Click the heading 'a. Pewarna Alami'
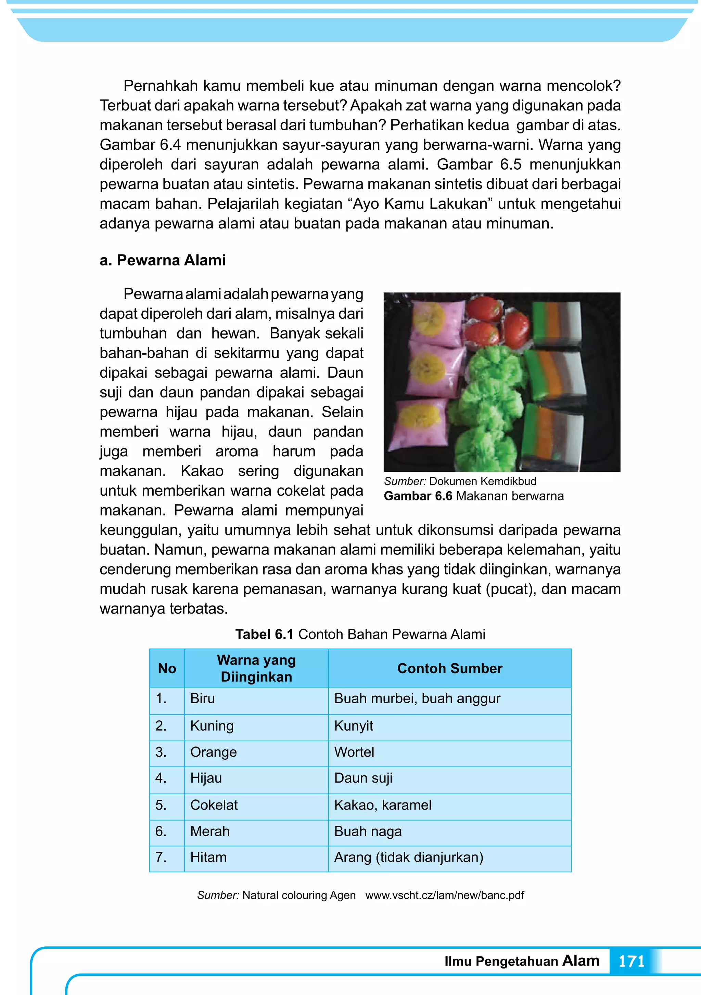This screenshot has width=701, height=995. pos(163,260)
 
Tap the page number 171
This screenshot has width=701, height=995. pos(631,961)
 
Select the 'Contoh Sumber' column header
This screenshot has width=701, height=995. pos(449,668)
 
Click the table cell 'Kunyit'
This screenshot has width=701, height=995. pos(354,725)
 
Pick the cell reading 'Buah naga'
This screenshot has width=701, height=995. pos(368,831)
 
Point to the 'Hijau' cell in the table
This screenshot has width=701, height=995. pos(206,778)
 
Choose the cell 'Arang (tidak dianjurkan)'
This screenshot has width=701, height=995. pos(409,857)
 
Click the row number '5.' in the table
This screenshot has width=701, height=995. pos(161,805)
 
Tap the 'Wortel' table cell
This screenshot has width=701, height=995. pos(354,752)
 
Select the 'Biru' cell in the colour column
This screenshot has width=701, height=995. pos(203,698)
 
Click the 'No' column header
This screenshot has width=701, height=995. pos(167,668)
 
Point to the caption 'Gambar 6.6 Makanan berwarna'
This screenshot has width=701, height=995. pos(474,496)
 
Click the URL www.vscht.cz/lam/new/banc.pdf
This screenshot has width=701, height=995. pos(445,895)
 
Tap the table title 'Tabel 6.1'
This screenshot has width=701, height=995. pos(264,634)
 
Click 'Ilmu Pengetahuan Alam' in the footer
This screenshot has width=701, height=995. pos(522,961)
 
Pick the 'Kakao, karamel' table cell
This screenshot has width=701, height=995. pos(383,805)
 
